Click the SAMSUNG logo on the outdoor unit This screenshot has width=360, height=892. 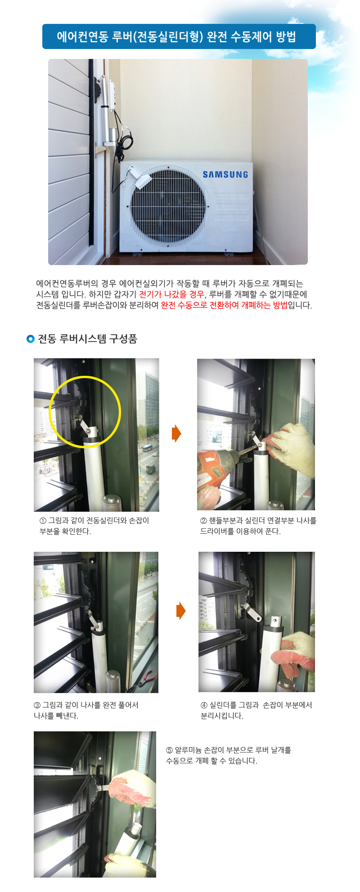tap(225, 175)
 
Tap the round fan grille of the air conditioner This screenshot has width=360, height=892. tap(168, 205)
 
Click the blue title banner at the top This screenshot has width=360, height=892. tap(179, 36)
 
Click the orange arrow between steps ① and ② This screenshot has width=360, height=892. tap(176, 433)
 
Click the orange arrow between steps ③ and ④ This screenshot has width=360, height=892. tap(181, 611)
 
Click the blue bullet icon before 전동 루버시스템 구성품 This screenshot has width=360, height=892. tap(31, 339)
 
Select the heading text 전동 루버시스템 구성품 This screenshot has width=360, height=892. tap(87, 339)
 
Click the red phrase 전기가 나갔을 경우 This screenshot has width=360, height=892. tap(171, 294)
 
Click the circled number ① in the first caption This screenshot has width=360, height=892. tap(43, 521)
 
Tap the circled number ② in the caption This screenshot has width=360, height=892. tap(204, 521)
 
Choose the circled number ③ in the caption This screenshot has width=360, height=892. tap(37, 705)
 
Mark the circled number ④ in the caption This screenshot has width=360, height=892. tap(204, 705)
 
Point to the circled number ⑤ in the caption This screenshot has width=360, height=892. tap(170, 750)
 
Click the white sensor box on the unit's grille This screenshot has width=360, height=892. tap(138, 176)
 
